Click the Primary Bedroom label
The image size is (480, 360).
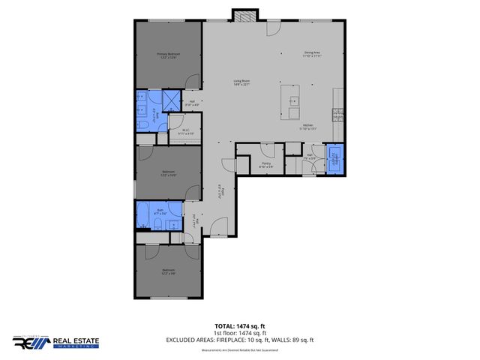point(168,55)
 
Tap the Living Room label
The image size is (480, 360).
point(241,82)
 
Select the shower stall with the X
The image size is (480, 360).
point(171,101)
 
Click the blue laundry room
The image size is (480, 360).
point(334,159)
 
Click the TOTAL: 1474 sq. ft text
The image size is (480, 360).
point(239,326)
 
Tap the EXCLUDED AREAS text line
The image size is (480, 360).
point(239,340)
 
